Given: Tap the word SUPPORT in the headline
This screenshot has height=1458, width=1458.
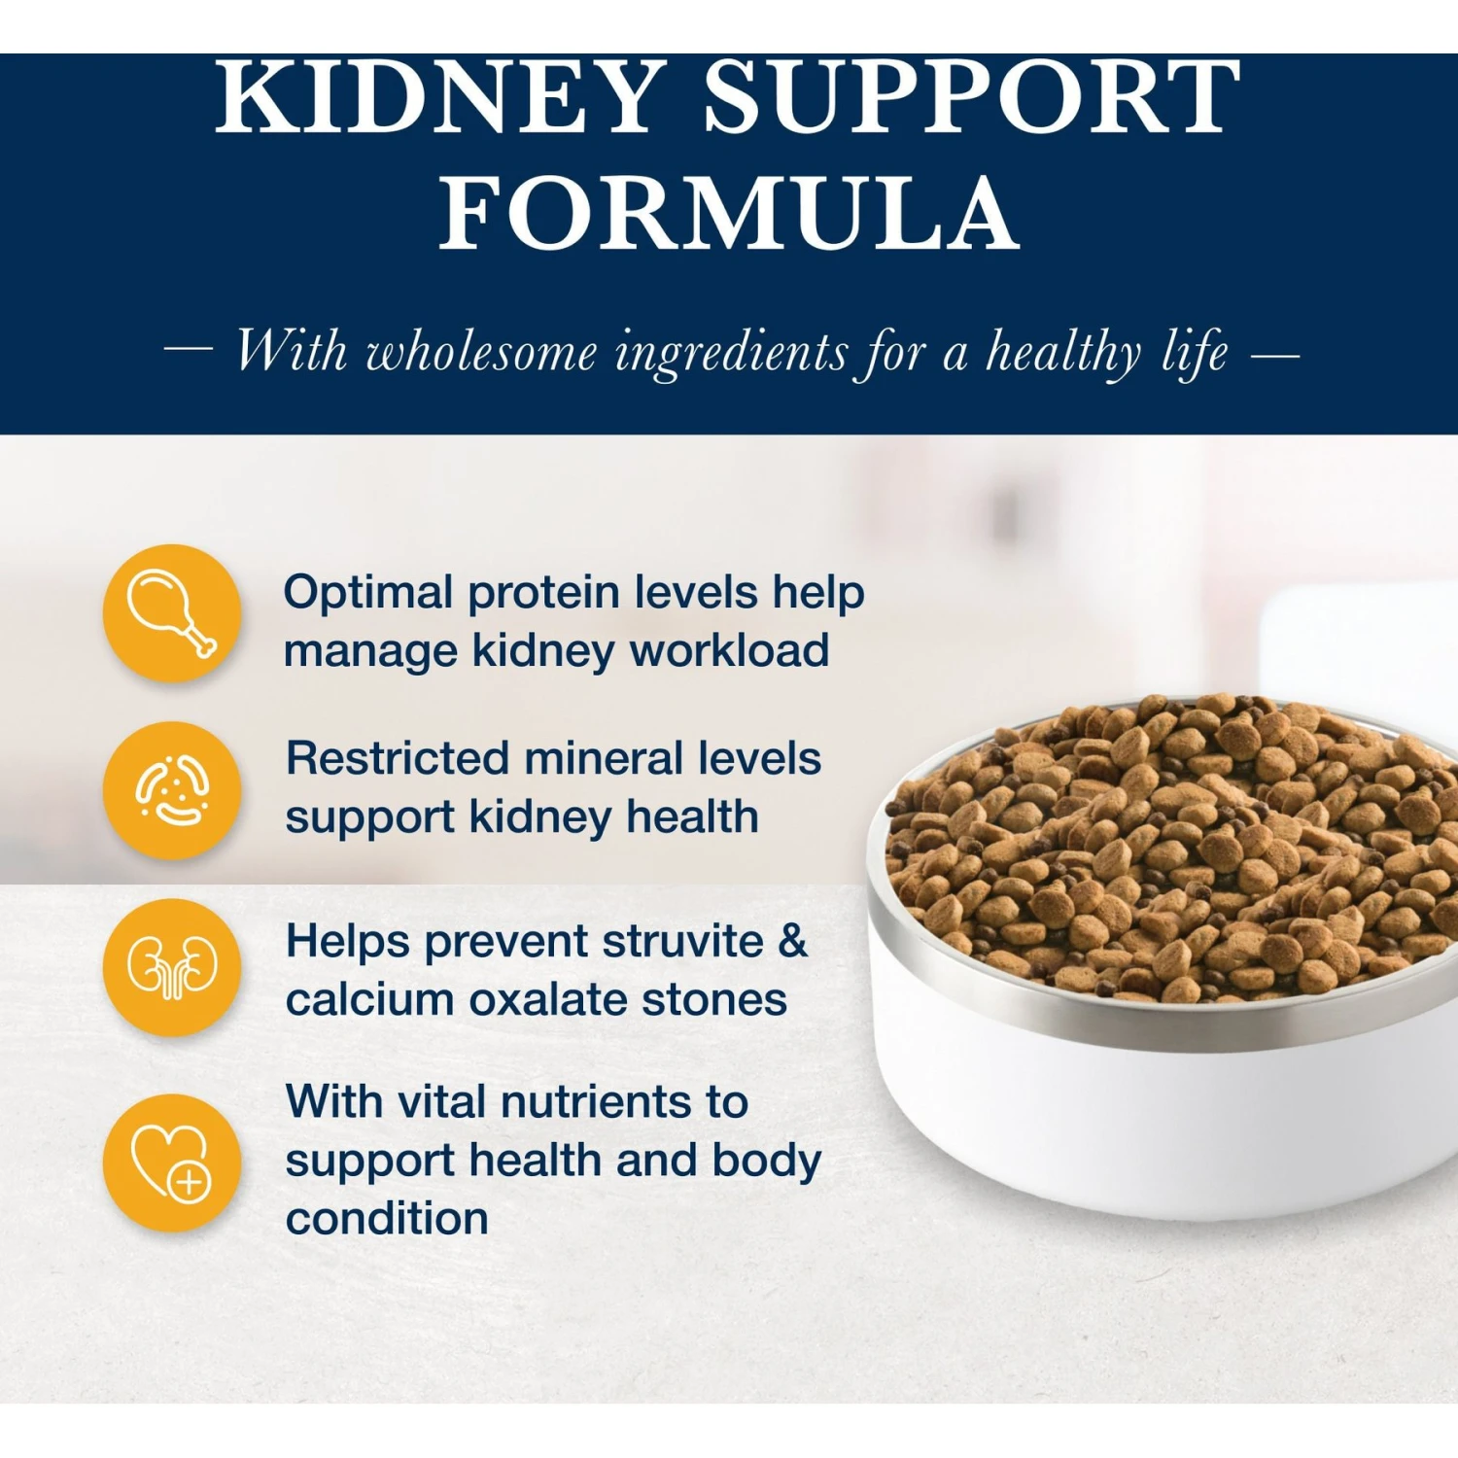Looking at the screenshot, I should click(972, 97).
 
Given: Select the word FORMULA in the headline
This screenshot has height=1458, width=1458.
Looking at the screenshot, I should click(729, 214).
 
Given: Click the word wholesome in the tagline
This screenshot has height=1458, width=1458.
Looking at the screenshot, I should click(481, 352).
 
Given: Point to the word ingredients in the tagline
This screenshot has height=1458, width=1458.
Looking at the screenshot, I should click(732, 352).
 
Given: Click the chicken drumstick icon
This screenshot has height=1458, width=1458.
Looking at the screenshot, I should click(172, 613).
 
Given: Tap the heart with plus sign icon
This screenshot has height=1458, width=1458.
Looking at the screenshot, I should click(172, 1163).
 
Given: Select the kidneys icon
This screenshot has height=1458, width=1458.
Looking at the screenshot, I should click(172, 967).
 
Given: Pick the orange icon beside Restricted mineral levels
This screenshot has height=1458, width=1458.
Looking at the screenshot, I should click(172, 790).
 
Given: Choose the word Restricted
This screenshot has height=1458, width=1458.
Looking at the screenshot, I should click(397, 758).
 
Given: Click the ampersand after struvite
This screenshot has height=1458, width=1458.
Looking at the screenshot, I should click(793, 941).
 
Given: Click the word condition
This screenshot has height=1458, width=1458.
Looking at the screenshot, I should click(387, 1219).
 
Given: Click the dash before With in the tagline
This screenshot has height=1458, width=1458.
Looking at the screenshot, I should click(189, 351).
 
